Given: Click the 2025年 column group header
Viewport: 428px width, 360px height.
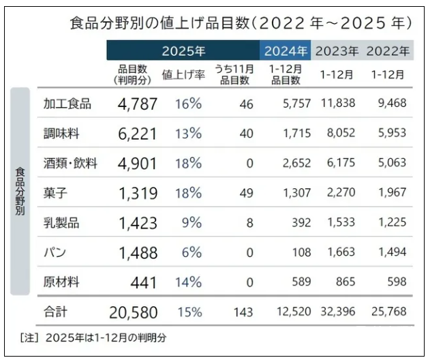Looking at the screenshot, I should point(183,51).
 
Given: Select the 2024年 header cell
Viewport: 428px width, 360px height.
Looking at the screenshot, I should point(286,51).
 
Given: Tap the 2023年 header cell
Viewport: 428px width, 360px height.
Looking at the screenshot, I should point(337,51).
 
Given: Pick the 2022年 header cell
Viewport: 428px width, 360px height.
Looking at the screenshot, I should point(388,51).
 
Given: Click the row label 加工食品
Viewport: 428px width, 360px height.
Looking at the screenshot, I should point(67,104).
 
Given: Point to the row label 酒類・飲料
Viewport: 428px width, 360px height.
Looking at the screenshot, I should point(70,164).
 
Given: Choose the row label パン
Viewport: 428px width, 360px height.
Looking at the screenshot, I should point(54,252).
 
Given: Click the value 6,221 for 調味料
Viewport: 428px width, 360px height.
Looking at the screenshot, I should point(137,134).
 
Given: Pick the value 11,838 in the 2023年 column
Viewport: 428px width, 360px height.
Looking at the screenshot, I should point(336,104).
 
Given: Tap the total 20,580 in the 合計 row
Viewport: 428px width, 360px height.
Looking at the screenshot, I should point(133,312).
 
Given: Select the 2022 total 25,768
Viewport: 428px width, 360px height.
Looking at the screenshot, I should point(387,312).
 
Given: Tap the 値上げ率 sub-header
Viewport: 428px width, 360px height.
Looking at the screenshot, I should point(183,74).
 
